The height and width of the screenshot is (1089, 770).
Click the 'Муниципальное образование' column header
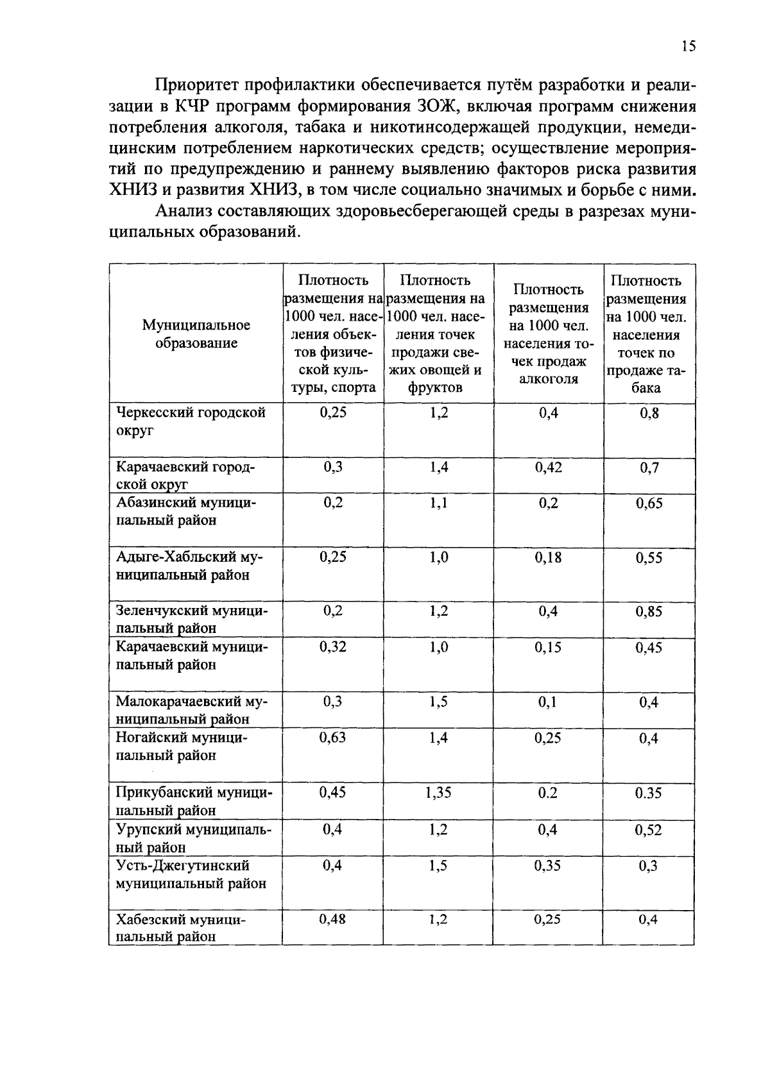pyautogui.click(x=196, y=333)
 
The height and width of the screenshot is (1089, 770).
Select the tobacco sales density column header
pyautogui.click(x=649, y=333)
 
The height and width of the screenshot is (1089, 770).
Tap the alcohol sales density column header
pyautogui.click(x=549, y=333)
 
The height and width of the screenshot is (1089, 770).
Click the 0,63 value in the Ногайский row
pyautogui.click(x=332, y=738)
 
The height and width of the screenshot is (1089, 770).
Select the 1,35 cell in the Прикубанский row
pyautogui.click(x=438, y=792)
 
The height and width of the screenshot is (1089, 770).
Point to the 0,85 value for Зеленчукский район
pyautogui.click(x=649, y=611)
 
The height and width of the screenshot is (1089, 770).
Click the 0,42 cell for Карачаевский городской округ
pyautogui.click(x=549, y=467)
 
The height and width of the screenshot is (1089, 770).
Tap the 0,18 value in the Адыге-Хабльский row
pyautogui.click(x=549, y=557)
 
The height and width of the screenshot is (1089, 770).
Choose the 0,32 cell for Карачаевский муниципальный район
pyautogui.click(x=332, y=647)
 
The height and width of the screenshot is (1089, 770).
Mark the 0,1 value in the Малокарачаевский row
pyautogui.click(x=549, y=702)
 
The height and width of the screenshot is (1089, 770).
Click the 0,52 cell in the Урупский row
pyautogui.click(x=649, y=830)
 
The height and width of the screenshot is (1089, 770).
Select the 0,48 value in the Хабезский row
pyautogui.click(x=332, y=919)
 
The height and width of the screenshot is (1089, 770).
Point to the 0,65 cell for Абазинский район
pyautogui.click(x=649, y=503)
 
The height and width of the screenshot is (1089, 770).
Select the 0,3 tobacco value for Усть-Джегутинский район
pyautogui.click(x=649, y=866)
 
